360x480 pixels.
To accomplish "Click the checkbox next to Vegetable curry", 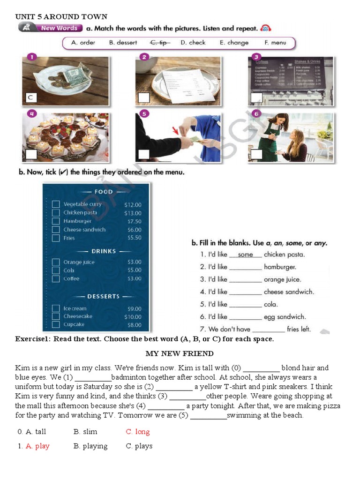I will tap(56, 204).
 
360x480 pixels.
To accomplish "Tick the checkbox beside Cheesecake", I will tap(56, 316).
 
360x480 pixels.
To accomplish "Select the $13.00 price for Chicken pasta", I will tap(133, 213).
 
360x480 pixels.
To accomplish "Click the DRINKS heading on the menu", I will tap(104, 251).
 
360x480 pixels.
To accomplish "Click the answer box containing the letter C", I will tap(30, 97).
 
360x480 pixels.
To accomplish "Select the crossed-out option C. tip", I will tap(160, 43).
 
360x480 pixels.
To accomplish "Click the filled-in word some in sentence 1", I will tap(245, 255).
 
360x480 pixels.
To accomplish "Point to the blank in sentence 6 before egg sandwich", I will tap(245, 317).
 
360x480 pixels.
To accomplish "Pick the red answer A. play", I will tap(37, 446).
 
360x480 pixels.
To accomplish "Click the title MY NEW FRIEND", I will tap(179, 353).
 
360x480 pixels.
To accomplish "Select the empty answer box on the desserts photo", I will tap(31, 154).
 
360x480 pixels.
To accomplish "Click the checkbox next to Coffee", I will tap(56, 279).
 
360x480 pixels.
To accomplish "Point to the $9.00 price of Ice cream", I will tap(134, 308).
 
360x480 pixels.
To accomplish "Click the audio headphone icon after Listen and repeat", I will tap(266, 28).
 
